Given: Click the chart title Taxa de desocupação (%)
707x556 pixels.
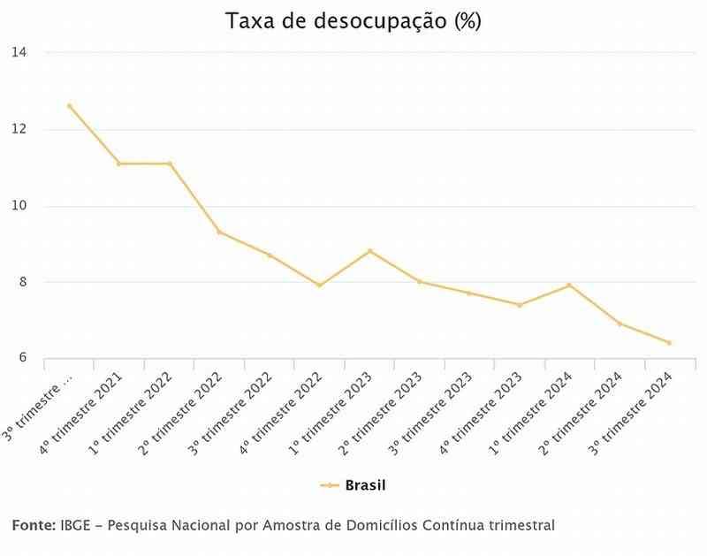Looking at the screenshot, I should [x=353, y=21].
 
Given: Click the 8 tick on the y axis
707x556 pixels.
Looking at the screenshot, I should [x=21, y=283].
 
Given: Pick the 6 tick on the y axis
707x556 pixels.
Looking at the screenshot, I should [x=21, y=359].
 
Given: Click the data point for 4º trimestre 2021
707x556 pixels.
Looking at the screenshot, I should [x=119, y=164].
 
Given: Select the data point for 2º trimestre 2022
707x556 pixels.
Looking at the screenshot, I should [x=220, y=232].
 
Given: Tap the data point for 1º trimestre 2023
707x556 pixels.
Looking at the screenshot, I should [x=370, y=251].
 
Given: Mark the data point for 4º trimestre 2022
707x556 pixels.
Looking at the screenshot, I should [x=320, y=286].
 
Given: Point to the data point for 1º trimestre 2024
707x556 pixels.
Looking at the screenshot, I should [x=570, y=286].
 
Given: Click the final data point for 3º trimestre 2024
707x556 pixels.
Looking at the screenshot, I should [x=670, y=343].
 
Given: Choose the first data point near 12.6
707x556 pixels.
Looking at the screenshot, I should [x=69, y=106].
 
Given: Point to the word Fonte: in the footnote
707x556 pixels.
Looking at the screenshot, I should [x=34, y=526].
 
